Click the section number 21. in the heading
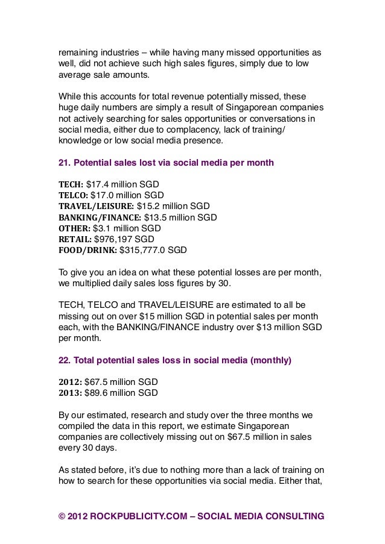click(64, 162)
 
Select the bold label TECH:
click(71, 184)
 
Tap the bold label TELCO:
click(73, 195)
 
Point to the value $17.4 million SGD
click(123, 184)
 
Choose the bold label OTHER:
click(74, 228)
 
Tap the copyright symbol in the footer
click(62, 516)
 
